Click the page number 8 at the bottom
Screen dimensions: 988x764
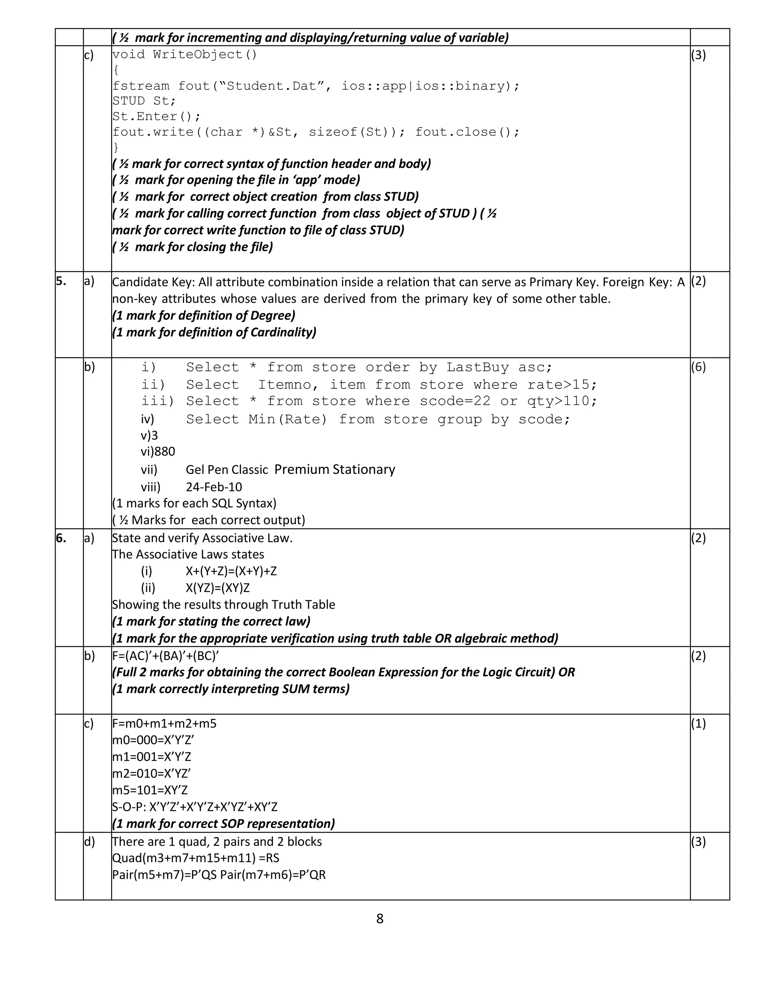tap(380, 919)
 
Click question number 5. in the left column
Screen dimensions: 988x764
tap(61, 281)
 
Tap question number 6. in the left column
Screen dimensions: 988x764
tap(61, 538)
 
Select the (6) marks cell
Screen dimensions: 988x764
tap(698, 367)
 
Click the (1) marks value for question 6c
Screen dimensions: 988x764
tap(698, 723)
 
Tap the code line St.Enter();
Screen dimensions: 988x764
tap(156, 117)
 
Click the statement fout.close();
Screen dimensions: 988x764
tap(467, 132)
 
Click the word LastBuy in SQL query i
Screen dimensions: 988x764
tap(477, 367)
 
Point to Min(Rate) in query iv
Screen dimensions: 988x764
tap(287, 419)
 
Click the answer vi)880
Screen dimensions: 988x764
tap(157, 451)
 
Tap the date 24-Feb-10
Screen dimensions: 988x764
tap(214, 487)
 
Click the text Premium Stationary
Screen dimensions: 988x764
tap(335, 469)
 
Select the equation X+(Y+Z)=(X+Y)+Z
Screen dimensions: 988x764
tap(231, 571)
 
